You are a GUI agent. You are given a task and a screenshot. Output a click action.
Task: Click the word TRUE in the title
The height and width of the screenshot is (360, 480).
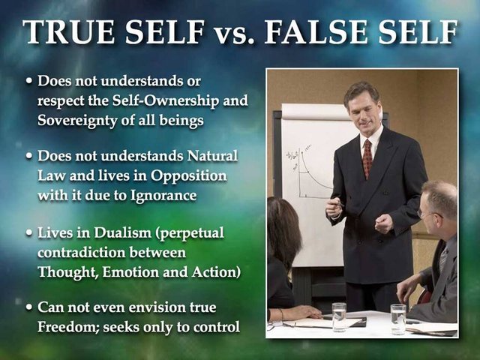click(68, 31)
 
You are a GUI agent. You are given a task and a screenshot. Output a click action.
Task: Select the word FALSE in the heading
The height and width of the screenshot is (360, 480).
click(316, 31)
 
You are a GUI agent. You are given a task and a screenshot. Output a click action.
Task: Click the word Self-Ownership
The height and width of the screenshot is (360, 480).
click(166, 100)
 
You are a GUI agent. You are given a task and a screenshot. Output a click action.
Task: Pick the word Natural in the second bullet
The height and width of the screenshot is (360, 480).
click(212, 155)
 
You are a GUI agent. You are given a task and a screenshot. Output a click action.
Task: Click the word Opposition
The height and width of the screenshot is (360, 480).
click(188, 176)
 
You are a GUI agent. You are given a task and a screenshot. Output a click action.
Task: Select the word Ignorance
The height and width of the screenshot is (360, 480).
click(163, 196)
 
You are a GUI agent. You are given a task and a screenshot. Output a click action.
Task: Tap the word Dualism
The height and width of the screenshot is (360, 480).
click(123, 232)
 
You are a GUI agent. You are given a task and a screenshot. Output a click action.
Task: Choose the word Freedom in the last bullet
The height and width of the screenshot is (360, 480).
click(68, 327)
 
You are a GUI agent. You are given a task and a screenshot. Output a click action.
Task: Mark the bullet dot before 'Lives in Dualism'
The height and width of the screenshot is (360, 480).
click(29, 233)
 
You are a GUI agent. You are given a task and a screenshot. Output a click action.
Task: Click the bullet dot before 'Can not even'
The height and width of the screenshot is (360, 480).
click(29, 307)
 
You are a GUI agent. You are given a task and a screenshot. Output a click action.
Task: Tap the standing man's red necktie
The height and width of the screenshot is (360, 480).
click(367, 158)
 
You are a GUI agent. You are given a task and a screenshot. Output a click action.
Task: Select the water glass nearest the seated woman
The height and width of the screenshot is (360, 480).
click(339, 317)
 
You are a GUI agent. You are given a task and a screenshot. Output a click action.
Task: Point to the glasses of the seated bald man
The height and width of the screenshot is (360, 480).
click(428, 214)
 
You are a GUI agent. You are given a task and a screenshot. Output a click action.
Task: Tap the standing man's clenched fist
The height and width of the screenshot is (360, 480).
click(384, 223)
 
